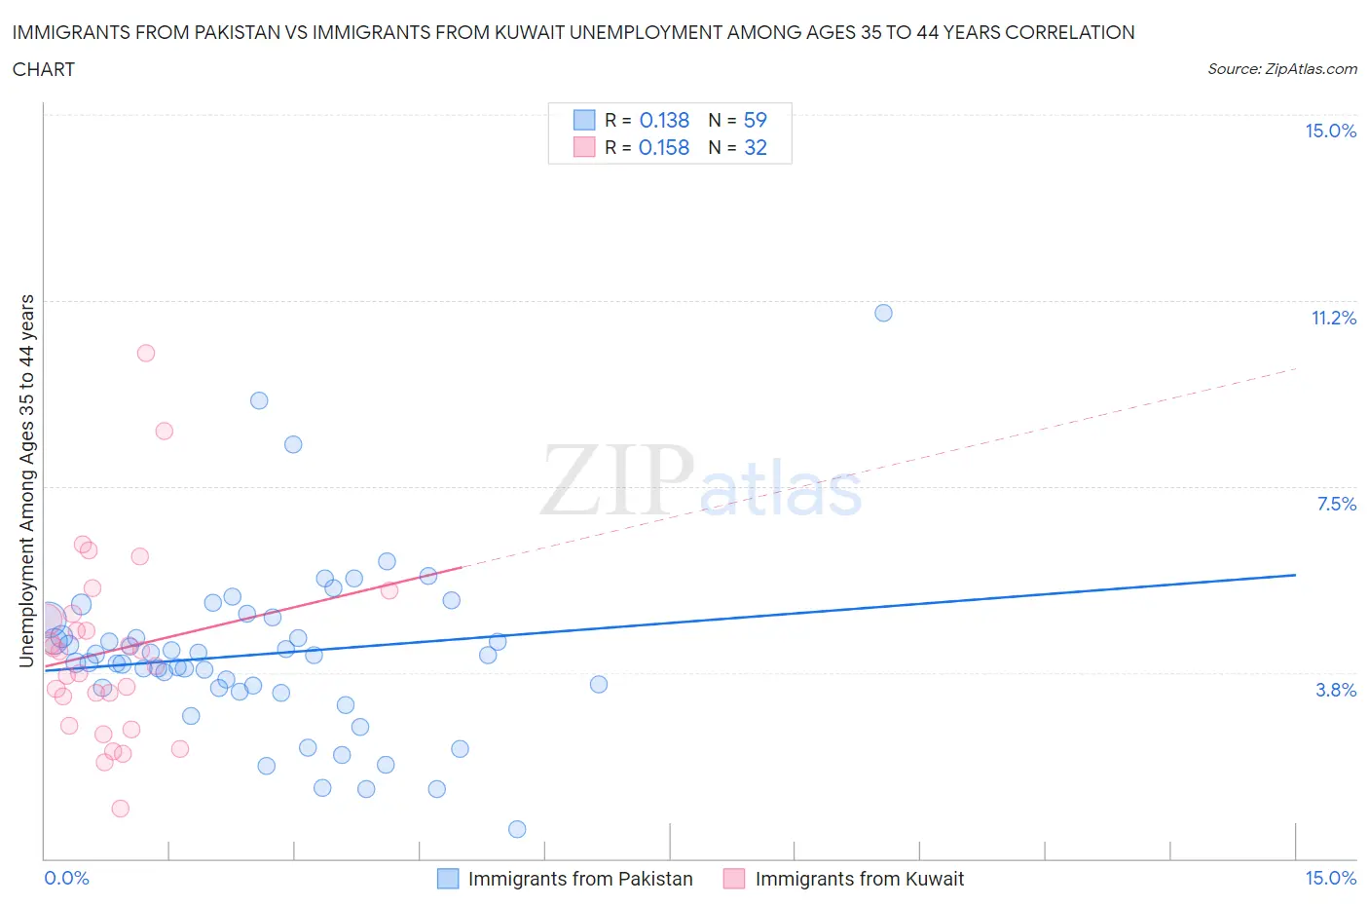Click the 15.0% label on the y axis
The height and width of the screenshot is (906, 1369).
pos(1330,132)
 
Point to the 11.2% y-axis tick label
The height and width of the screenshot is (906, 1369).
pos(1333,319)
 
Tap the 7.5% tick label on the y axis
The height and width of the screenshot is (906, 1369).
pos(1336,505)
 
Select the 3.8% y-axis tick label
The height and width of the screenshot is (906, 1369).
pos(1336,691)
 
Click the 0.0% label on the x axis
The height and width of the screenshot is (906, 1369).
pos(66,879)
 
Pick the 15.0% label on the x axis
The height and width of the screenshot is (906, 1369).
pos(1330,879)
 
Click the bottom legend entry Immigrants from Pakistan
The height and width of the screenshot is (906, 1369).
pos(579,879)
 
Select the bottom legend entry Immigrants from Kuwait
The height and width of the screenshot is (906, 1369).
pos(859,879)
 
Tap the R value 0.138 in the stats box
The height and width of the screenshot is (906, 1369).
pos(664,121)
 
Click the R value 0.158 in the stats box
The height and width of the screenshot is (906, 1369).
pos(664,148)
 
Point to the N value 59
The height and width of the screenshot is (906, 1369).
pos(756,121)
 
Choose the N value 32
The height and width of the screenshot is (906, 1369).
pos(756,148)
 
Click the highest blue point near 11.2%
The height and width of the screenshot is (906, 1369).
pos(883,313)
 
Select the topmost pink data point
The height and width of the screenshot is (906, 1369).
pos(146,353)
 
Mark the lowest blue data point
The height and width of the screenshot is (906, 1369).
pos(517,829)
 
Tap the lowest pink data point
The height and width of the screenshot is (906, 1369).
pos(121,809)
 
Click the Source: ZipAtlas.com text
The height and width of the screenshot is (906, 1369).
pos(1281,69)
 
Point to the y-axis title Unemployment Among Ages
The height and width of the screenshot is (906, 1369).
pos(27,480)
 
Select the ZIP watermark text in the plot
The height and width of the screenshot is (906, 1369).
pos(617,480)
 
